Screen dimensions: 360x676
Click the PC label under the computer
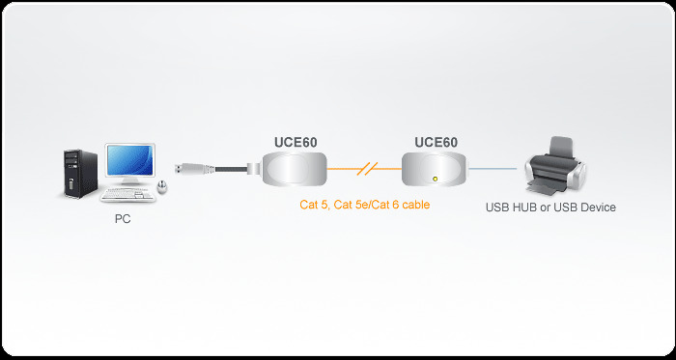(x=122, y=219)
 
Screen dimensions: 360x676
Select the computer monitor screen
(x=128, y=161)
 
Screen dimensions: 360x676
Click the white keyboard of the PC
(x=132, y=193)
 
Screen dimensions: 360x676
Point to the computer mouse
(x=162, y=187)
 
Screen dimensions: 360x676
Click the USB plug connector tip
(x=181, y=170)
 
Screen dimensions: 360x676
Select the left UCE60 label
(x=296, y=142)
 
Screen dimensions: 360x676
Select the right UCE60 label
(x=436, y=142)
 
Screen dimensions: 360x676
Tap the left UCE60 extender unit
(x=294, y=171)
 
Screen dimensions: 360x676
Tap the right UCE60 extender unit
(x=436, y=171)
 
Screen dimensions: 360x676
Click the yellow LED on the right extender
(x=436, y=179)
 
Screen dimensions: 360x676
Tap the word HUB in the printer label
(x=524, y=207)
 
